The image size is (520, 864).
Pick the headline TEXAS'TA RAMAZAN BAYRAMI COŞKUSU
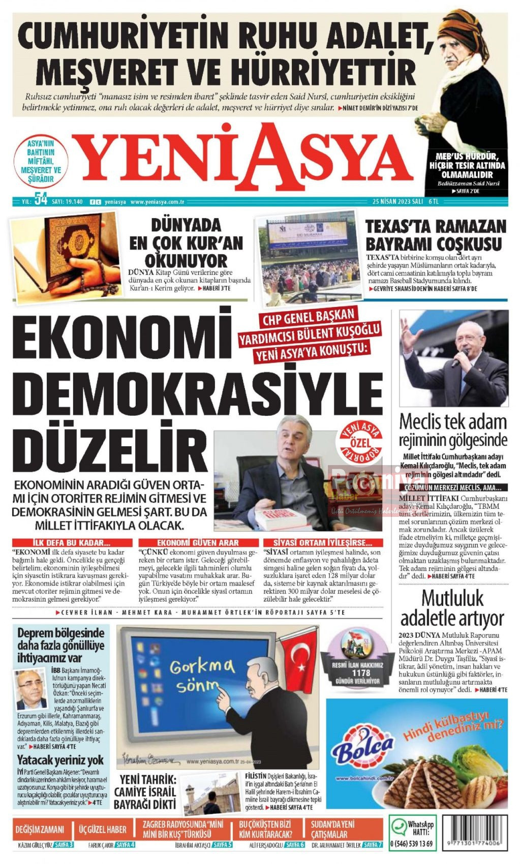pos(436,235)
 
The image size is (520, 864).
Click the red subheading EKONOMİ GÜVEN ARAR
pos(198,543)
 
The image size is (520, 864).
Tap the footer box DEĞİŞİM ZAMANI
pos(40,829)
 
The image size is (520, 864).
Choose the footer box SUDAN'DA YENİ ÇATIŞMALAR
pos(340,829)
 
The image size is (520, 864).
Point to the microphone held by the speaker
pos(460,356)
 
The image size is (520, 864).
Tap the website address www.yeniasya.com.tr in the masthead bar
pos(157,202)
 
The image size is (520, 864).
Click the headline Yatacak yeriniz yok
pos(60,760)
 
